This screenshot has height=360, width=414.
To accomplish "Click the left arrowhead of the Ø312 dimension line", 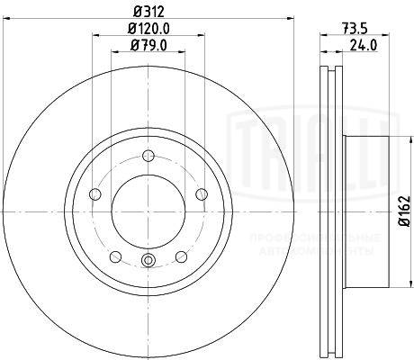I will click(x=7, y=20).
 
